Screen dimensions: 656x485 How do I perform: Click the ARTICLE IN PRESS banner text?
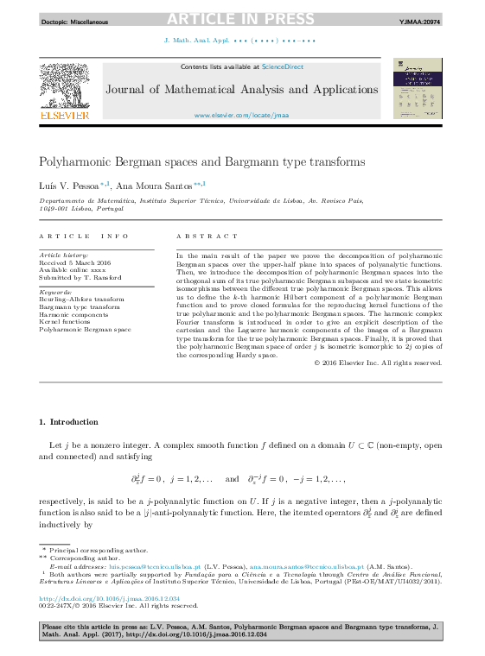click(x=242, y=19)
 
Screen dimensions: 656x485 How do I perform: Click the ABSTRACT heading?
click(x=207, y=236)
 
